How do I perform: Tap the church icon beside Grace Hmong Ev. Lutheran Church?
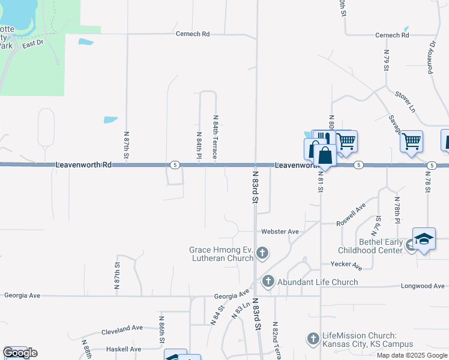(x=262, y=254)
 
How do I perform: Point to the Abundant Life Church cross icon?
(x=268, y=281)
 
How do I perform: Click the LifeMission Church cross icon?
(x=312, y=340)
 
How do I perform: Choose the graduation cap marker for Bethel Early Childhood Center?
(x=423, y=239)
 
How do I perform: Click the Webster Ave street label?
(x=280, y=232)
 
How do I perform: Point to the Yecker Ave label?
(x=346, y=265)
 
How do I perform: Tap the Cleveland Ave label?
(x=122, y=328)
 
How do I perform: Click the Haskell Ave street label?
(x=123, y=349)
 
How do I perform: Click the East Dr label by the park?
(x=33, y=44)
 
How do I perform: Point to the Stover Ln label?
(x=405, y=101)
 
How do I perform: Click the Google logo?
(x=20, y=353)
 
